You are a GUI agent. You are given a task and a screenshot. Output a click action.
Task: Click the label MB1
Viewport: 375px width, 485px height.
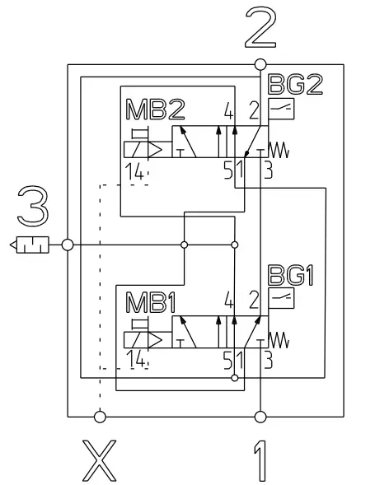151,301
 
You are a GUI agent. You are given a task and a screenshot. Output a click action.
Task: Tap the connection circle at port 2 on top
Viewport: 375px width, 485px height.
260,64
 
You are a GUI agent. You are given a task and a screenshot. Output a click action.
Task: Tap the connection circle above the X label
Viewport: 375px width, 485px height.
101,417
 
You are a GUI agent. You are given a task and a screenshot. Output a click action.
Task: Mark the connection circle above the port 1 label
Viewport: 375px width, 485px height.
260,417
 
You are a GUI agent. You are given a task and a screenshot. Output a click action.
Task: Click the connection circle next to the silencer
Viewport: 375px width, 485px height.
68,245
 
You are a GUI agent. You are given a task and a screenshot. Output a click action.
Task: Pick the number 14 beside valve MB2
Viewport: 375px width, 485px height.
136,170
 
